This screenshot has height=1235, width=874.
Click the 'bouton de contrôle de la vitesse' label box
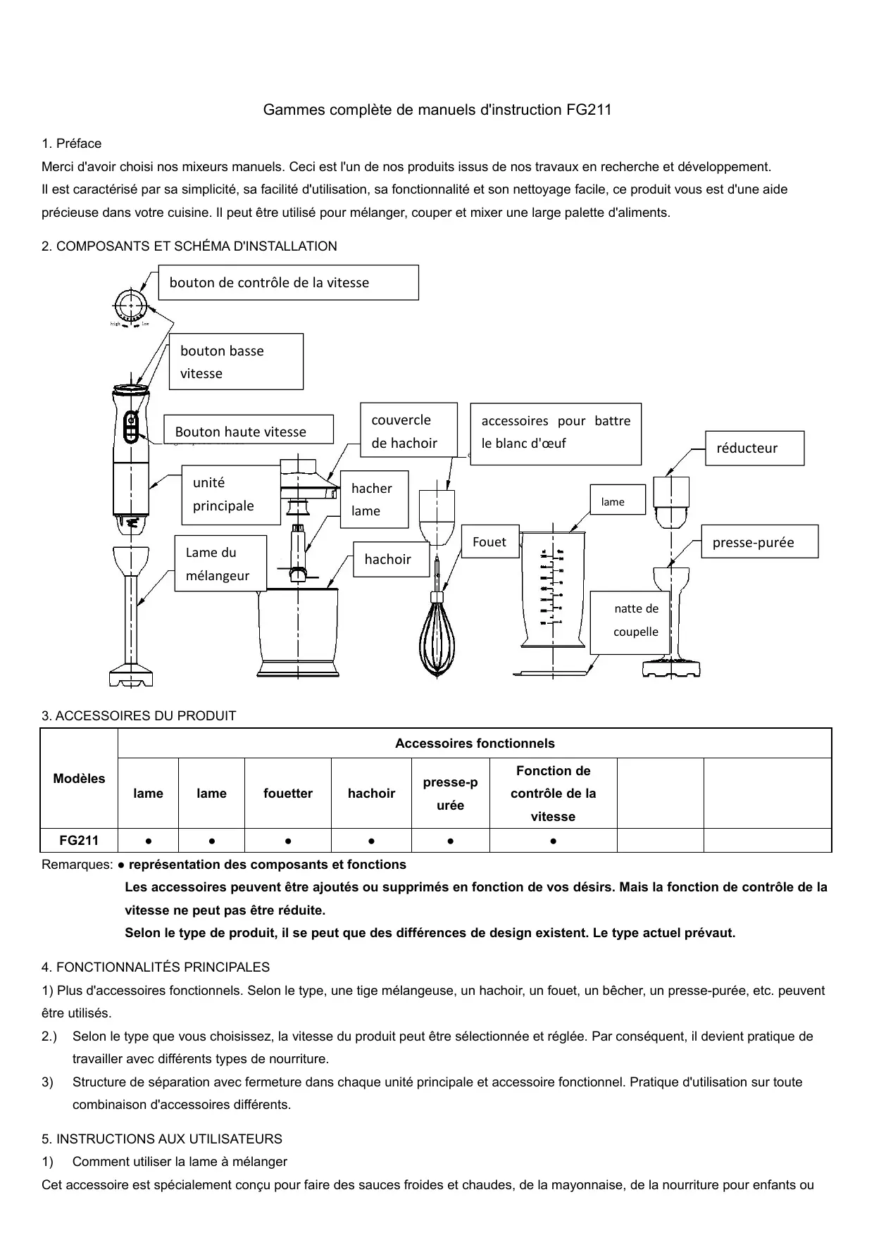pyautogui.click(x=288, y=282)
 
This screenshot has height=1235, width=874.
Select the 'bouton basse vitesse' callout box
pyautogui.click(x=236, y=361)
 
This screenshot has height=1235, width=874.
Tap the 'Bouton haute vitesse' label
pyautogui.click(x=248, y=431)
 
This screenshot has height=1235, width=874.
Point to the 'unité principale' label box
pyautogui.click(x=231, y=494)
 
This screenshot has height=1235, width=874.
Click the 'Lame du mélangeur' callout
pyautogui.click(x=220, y=563)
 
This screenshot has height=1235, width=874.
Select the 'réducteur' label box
pyautogui.click(x=754, y=448)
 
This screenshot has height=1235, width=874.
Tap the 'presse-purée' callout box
pyautogui.click(x=760, y=542)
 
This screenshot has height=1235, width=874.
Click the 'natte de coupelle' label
pyautogui.click(x=635, y=620)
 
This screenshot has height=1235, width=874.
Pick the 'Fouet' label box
pyautogui.click(x=489, y=541)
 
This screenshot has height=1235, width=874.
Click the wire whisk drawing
pyautogui.click(x=437, y=634)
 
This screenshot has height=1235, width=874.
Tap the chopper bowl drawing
pyautogui.click(x=298, y=630)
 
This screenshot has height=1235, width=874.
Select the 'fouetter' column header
pyautogui.click(x=287, y=794)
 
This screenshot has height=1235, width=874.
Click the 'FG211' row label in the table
pyautogui.click(x=79, y=840)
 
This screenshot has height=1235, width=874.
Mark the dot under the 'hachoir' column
pyautogui.click(x=371, y=841)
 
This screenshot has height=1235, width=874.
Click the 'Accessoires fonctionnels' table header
pyautogui.click(x=475, y=744)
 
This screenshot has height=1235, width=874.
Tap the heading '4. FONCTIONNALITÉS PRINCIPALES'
pyautogui.click(x=156, y=967)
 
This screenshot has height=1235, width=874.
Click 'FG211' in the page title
pyautogui.click(x=589, y=110)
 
